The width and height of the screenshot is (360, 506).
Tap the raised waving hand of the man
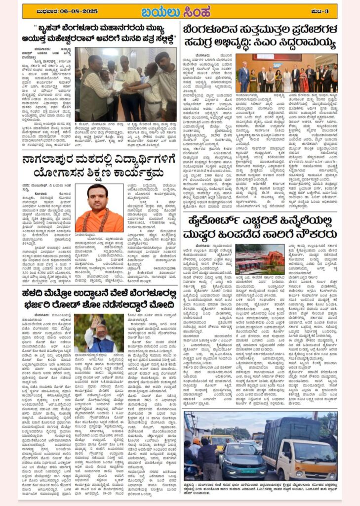point(93,323)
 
